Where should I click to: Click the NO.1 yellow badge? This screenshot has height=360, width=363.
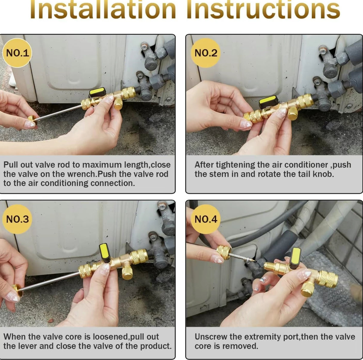[x=17, y=53]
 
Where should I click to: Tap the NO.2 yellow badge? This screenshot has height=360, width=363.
[x=206, y=53]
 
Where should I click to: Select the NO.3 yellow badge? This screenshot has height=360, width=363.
[x=17, y=219]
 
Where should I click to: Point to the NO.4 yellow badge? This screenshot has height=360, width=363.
[x=206, y=219]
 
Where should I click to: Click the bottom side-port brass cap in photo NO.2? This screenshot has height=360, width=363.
[x=293, y=113]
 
